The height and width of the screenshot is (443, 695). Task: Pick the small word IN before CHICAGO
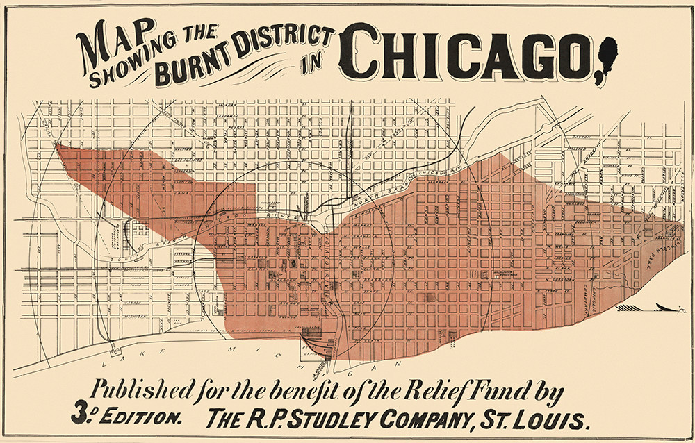[322, 67]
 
